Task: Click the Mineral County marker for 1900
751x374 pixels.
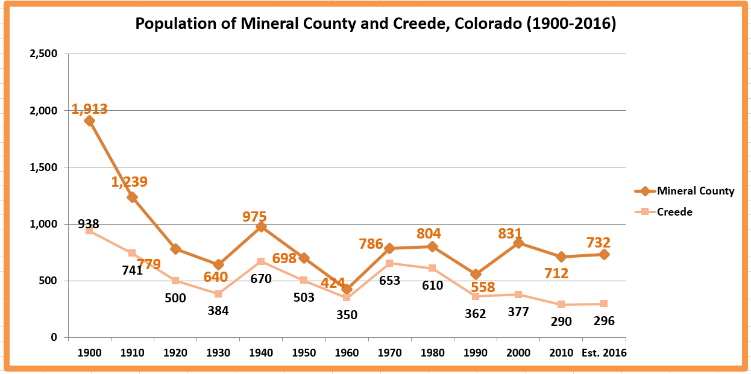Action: [x=89, y=120]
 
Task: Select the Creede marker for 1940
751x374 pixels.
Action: [x=261, y=261]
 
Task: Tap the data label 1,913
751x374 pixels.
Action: [x=90, y=109]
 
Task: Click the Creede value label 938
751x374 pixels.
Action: [x=89, y=224]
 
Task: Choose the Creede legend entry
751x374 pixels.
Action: [x=674, y=212]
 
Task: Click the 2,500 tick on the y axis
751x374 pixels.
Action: [x=43, y=54]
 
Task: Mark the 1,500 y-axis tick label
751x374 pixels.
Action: [x=43, y=167]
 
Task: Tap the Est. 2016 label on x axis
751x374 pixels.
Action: [x=604, y=353]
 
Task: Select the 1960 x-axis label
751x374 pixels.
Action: [x=347, y=353]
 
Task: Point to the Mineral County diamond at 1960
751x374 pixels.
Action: [x=347, y=289]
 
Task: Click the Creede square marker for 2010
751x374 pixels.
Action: [x=561, y=305]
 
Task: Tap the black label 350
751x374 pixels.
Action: [x=347, y=314]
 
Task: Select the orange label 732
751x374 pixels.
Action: [x=599, y=243]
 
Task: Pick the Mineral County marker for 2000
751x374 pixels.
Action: [x=518, y=243]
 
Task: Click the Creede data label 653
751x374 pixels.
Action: [x=389, y=280]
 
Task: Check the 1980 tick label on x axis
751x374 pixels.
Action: [x=432, y=353]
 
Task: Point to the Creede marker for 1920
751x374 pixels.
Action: [x=175, y=281]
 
